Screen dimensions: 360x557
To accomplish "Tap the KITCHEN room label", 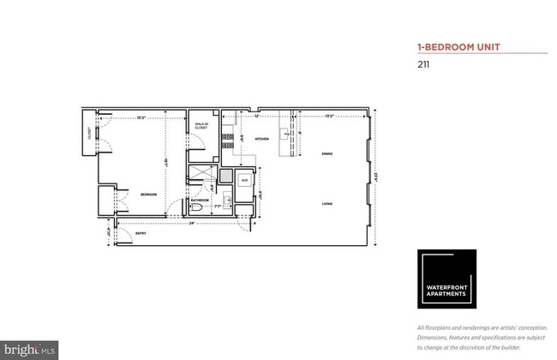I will (261, 138).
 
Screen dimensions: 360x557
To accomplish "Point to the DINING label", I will (326, 154).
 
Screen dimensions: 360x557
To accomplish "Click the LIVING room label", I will (326, 204).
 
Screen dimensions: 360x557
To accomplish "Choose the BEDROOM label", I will (148, 195).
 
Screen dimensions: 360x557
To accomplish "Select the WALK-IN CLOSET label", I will (201, 125).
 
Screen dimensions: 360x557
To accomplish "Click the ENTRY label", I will (141, 232).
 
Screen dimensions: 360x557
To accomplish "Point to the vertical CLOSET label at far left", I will (89, 134).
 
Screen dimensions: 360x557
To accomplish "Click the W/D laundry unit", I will (243, 181).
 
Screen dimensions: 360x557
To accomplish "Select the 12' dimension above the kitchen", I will (256, 117).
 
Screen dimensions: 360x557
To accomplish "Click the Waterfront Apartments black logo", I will (446, 278).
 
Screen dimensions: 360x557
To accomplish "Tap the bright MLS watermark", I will (29, 350).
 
